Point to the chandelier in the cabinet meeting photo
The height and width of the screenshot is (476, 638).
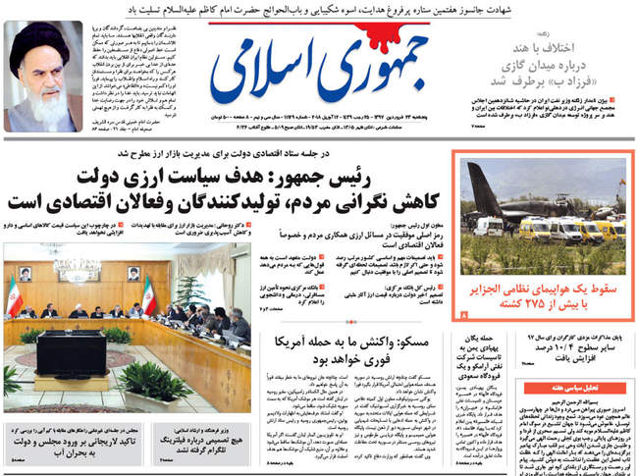(77, 268)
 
